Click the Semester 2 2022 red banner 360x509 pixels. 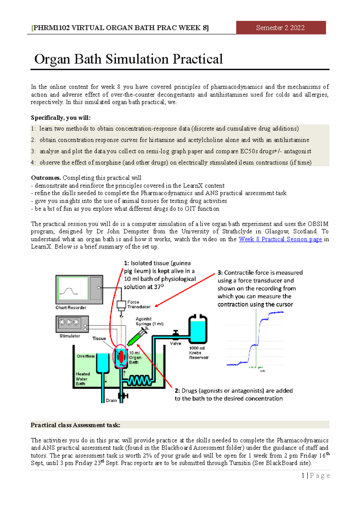[281, 28]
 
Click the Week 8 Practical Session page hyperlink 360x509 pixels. [280, 239]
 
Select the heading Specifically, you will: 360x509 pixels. [61, 118]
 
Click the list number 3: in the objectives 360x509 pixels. [33, 151]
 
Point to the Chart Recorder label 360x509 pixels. [71, 308]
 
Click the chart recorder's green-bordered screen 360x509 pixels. [73, 288]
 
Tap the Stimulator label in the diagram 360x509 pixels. [70, 336]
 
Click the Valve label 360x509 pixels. [175, 344]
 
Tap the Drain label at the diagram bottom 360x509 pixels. [111, 400]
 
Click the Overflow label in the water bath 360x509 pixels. [85, 356]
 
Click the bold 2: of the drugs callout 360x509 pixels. [177, 391]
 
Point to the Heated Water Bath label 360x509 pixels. [82, 379]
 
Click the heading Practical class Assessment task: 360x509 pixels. [75, 425]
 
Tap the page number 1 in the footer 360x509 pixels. [303, 475]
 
